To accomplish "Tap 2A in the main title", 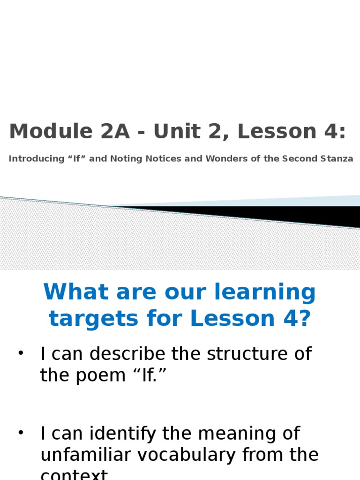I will pos(107,132).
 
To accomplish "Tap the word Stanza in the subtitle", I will pos(338,159).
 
